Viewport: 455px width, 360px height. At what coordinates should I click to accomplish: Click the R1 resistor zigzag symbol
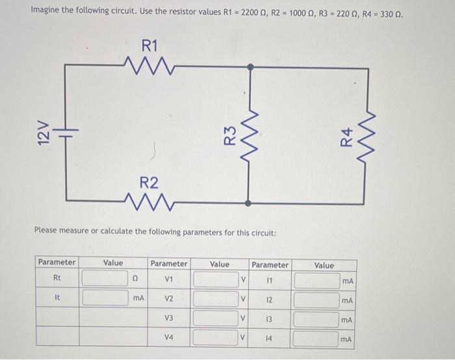pos(149,65)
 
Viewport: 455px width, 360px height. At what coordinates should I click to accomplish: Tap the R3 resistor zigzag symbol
pos(249,135)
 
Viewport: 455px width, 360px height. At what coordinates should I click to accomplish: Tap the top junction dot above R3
pos(249,66)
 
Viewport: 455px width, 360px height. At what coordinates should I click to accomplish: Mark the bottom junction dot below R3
pos(249,203)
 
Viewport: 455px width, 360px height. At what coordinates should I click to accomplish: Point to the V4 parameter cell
pos(169,337)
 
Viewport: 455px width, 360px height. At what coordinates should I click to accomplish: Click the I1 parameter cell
pos(270,280)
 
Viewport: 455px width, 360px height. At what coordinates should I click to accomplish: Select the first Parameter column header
pos(57,263)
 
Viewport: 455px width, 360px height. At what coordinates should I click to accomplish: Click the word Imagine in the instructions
pos(46,12)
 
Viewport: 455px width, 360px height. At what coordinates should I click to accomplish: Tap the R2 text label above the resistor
pos(149,181)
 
